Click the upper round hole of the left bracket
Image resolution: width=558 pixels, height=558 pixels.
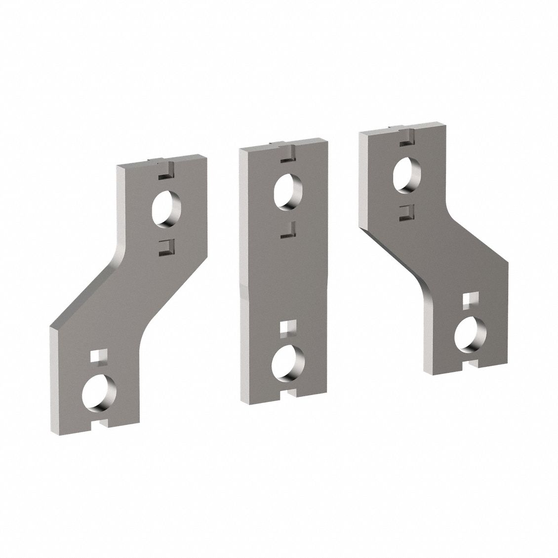(167, 209)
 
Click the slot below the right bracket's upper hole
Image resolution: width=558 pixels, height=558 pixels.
(406, 210)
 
